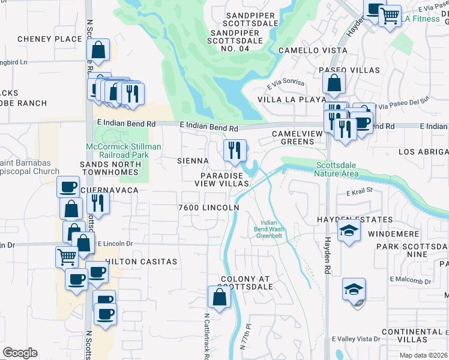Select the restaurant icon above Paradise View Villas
[x=234, y=150]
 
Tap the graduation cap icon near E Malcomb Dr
[x=354, y=289]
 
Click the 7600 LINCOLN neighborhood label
[x=209, y=208]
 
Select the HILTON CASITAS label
[x=141, y=262]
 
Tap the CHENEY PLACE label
[x=49, y=39]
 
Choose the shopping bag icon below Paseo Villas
[x=334, y=83]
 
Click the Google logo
[x=20, y=353]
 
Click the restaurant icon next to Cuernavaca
[x=98, y=204]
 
